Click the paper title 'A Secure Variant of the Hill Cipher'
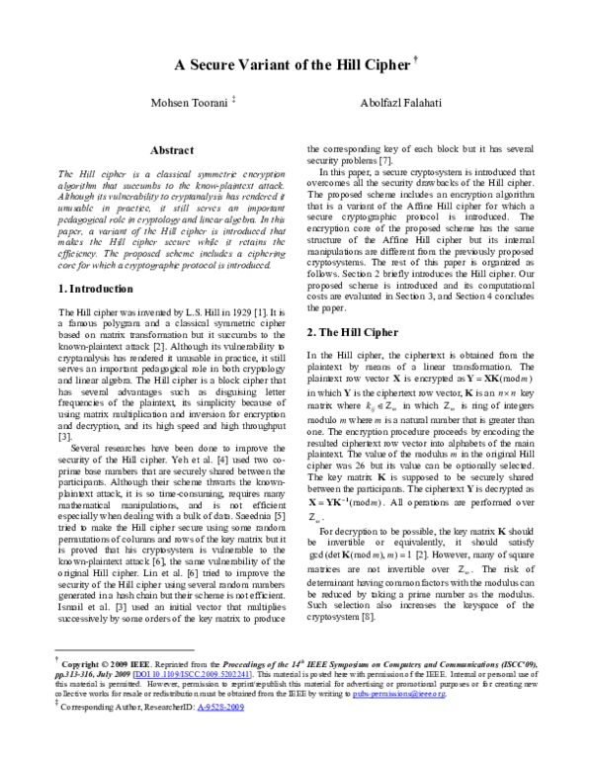click(x=291, y=66)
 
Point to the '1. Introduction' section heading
click(x=92, y=289)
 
